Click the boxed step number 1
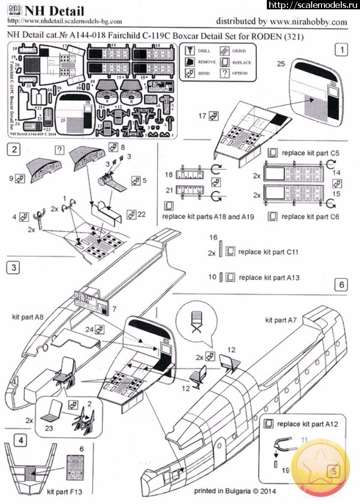coord(341,50)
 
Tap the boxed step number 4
coord(19,440)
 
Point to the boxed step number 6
coord(341,285)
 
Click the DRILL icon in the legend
coord(189,51)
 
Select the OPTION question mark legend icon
coord(225,73)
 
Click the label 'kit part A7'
coord(282,320)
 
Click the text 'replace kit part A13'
coord(269,278)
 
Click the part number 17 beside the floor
coord(202,116)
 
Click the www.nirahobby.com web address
coord(308,22)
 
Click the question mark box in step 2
coord(59,150)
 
